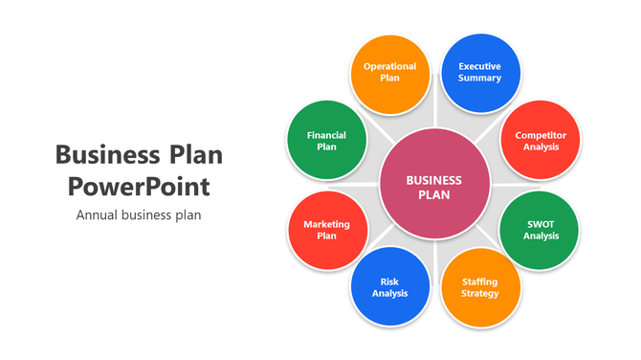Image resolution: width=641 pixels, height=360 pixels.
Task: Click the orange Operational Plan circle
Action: (389, 73)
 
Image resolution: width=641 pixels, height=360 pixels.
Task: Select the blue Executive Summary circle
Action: (479, 73)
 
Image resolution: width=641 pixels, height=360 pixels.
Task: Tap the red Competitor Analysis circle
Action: (541, 141)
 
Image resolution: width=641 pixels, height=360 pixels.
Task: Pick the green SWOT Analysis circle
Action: (541, 230)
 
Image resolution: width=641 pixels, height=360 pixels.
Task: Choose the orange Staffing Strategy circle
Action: (480, 288)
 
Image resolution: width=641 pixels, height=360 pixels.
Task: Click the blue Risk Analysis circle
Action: (389, 287)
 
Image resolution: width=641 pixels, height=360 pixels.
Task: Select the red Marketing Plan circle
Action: (326, 230)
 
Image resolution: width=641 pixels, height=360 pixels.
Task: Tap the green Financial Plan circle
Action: (326, 141)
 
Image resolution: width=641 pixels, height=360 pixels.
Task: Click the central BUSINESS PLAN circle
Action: (433, 186)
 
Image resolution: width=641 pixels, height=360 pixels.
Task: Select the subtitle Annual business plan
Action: (139, 214)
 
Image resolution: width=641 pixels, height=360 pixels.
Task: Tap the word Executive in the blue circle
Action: (479, 66)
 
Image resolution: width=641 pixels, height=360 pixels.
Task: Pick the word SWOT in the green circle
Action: (541, 224)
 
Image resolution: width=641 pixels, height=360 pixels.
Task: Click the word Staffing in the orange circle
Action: (480, 281)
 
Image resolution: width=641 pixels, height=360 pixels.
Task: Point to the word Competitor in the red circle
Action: (541, 135)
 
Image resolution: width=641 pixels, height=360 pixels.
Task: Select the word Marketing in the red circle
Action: (326, 224)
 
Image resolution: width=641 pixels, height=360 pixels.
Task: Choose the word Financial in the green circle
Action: (326, 135)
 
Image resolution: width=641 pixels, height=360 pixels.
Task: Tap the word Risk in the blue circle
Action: (389, 281)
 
